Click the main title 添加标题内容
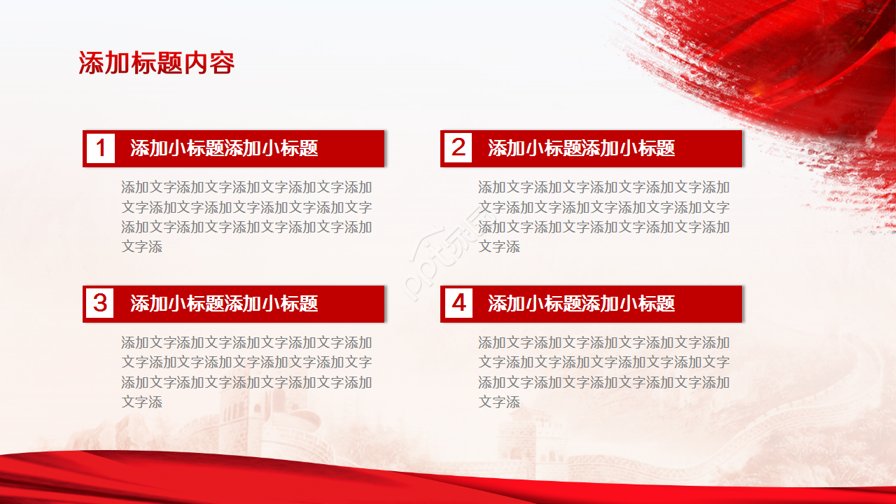[156, 63]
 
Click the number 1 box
[101, 148]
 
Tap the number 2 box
[458, 148]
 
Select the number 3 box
[101, 303]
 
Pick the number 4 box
[458, 303]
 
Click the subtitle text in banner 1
[224, 148]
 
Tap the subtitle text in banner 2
[581, 148]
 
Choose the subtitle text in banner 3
[224, 303]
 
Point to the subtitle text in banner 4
[581, 303]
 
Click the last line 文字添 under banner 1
[142, 247]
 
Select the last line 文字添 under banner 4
[499, 402]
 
